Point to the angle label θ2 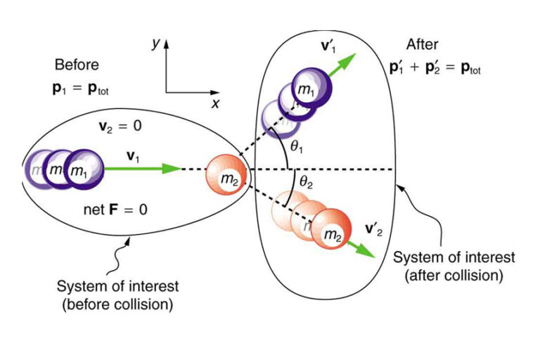pyautogui.click(x=305, y=182)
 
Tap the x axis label pyautogui.click(x=216, y=103)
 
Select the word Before pyautogui.click(x=74, y=65)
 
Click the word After pyautogui.click(x=422, y=44)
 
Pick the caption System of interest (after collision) pyautogui.click(x=455, y=265)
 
